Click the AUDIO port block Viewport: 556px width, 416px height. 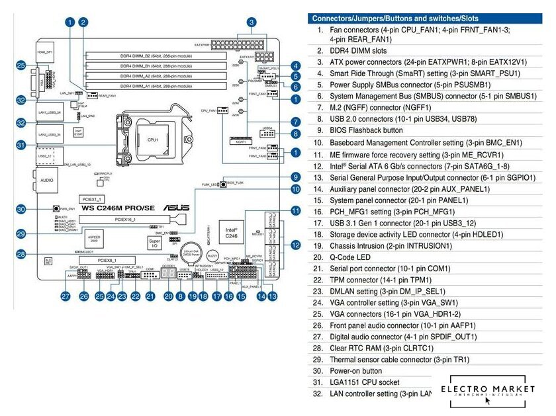point(46,179)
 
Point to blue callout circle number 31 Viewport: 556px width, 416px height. point(21,146)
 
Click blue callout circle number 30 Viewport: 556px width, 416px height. point(21,210)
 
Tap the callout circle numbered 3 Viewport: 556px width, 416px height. point(252,22)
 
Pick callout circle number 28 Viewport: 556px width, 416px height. point(21,254)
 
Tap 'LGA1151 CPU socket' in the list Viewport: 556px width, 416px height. point(368,382)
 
